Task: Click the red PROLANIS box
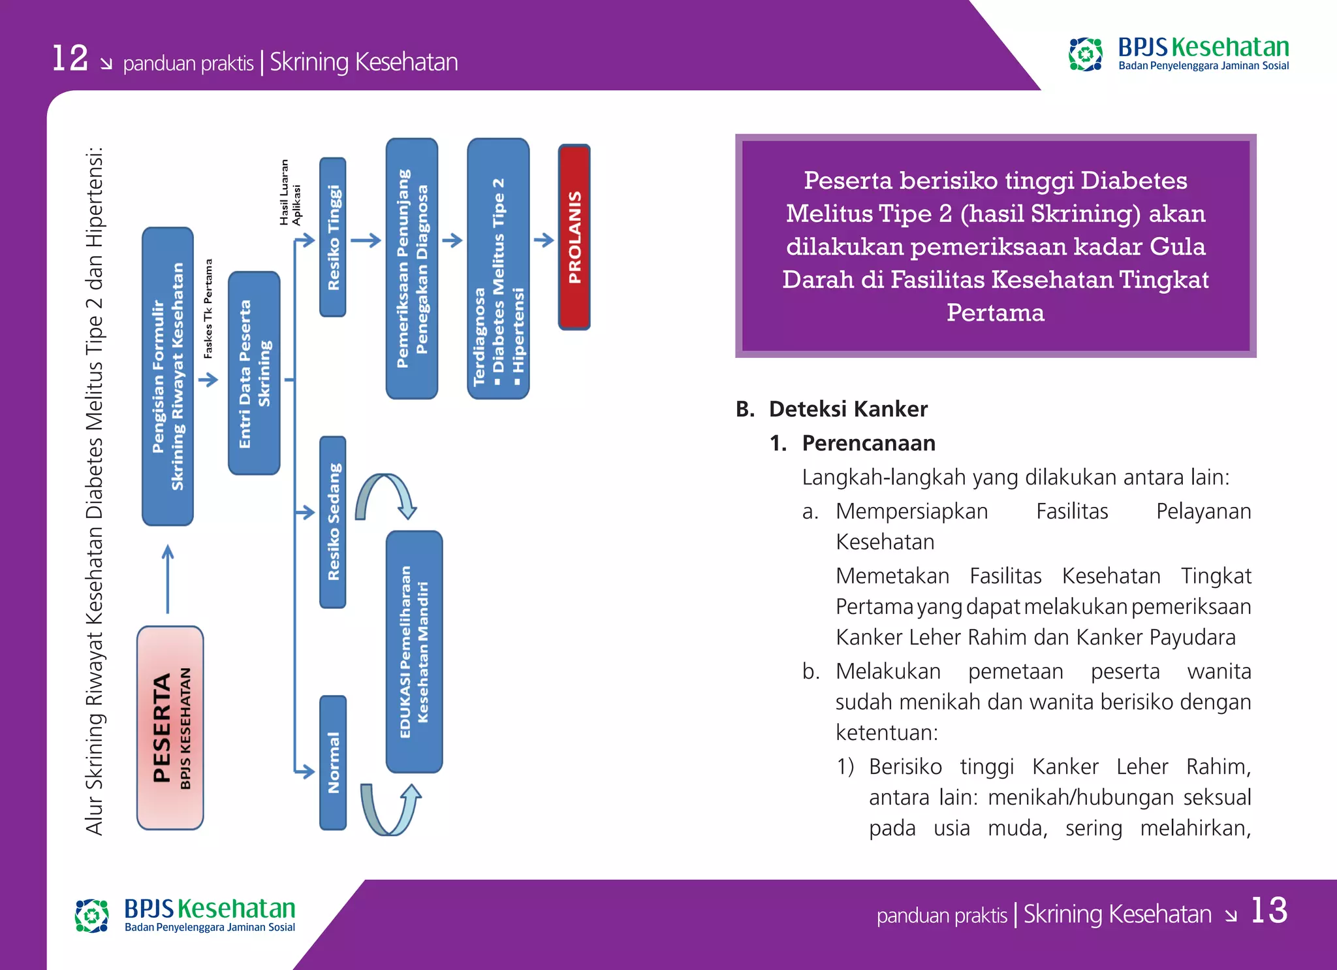[x=574, y=237]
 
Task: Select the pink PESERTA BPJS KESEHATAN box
[x=170, y=728]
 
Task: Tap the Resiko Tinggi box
[x=333, y=237]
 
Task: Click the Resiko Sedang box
[x=333, y=522]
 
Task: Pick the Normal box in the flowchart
[x=333, y=762]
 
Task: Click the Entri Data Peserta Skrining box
[x=254, y=373]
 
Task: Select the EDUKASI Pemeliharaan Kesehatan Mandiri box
[x=414, y=651]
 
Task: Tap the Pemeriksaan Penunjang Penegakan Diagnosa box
[x=411, y=268]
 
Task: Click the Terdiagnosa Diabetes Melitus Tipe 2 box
[x=498, y=268]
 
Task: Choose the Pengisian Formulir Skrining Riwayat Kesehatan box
[x=168, y=376]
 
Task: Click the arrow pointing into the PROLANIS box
[x=543, y=240]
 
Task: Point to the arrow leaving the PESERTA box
[x=168, y=579]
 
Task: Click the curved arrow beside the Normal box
[x=390, y=810]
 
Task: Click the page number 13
[x=1268, y=911]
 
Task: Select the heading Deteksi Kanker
[x=847, y=409]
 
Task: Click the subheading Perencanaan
[x=868, y=443]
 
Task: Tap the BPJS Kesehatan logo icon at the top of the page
[x=1085, y=54]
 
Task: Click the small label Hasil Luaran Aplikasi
[x=290, y=193]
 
